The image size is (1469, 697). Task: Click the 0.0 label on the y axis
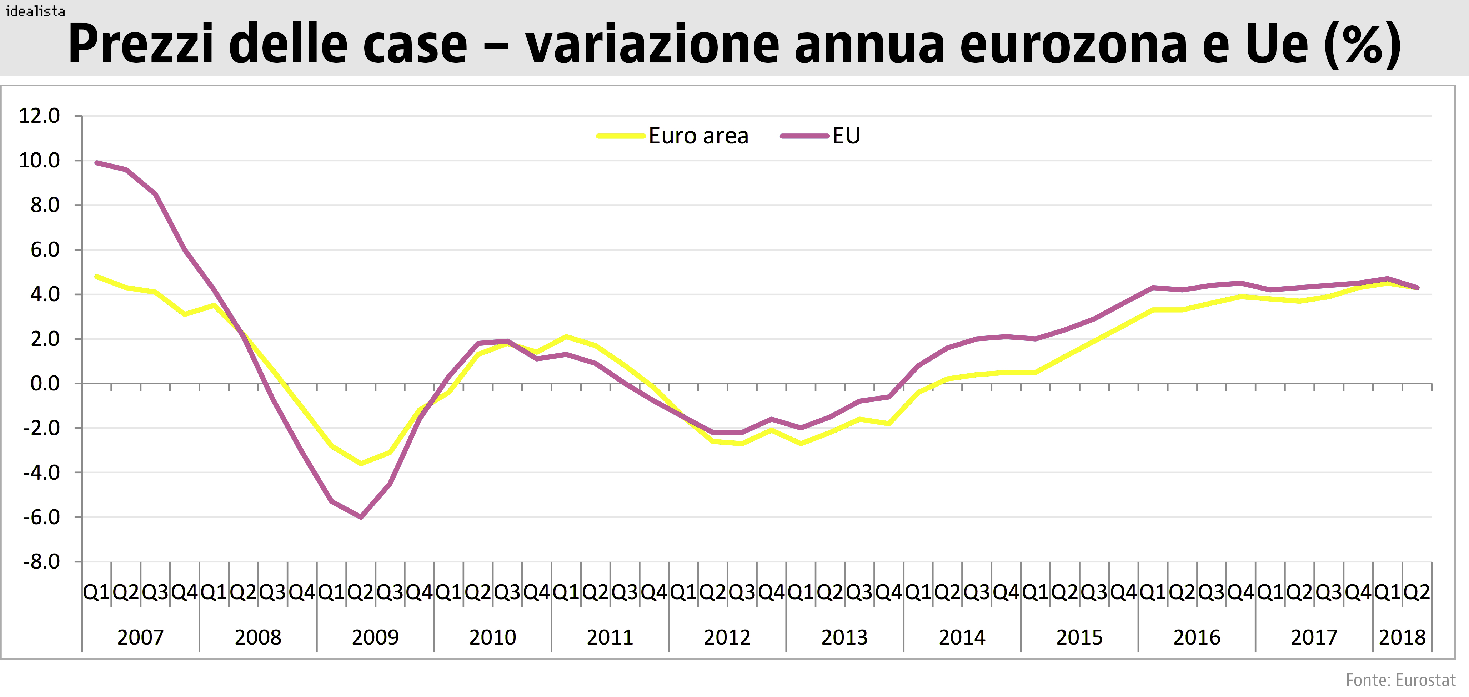(45, 384)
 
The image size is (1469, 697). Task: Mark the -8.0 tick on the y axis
(41, 562)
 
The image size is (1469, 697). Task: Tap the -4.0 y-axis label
(41, 473)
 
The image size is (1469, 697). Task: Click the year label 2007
(140, 637)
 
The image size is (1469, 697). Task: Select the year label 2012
(727, 637)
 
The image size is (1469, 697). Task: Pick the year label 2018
(1402, 637)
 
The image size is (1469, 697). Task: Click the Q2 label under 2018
(1417, 593)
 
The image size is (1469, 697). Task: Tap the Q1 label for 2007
(96, 593)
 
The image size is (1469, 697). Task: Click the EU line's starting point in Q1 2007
(97, 163)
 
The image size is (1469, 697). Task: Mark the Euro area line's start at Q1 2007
(97, 277)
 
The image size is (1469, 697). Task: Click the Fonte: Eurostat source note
(1400, 680)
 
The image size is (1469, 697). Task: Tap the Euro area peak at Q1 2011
(566, 337)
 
